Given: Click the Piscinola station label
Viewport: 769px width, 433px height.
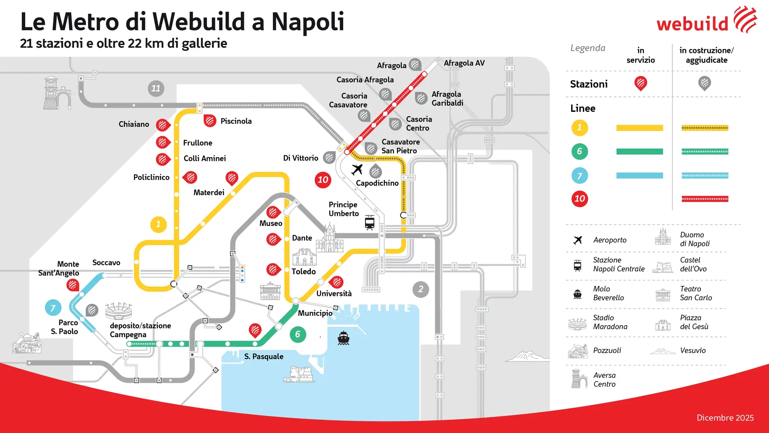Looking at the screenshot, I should [x=236, y=121].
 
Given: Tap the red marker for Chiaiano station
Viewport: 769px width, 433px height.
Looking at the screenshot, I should [x=162, y=125].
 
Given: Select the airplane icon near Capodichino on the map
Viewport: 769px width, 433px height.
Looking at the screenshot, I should [x=357, y=170].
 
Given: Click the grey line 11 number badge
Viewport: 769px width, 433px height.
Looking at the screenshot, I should [x=156, y=88].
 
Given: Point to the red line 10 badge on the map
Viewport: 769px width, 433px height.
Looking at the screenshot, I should [x=323, y=180].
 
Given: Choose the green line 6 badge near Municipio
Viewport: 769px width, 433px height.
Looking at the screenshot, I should [x=298, y=334].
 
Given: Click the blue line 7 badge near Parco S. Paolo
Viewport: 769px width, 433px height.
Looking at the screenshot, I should [x=53, y=308].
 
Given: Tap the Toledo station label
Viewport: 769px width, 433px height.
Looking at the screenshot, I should [x=304, y=271].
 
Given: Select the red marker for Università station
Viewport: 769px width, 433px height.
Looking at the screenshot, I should [x=337, y=282].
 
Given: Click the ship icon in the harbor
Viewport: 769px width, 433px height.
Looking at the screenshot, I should [x=344, y=338].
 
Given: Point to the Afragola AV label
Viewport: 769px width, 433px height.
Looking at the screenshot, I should [x=464, y=63].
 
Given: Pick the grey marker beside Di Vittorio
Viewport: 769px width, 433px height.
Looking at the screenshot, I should [x=329, y=157].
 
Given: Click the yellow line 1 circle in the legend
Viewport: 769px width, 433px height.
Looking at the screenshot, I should [x=579, y=128].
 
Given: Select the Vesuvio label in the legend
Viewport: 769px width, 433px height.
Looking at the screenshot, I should [x=693, y=350].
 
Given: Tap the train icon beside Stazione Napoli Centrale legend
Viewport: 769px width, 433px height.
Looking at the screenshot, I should [x=578, y=265].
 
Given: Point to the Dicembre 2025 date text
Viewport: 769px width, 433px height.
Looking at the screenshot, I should [x=725, y=418].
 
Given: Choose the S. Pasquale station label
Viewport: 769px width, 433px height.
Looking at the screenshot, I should [x=264, y=356].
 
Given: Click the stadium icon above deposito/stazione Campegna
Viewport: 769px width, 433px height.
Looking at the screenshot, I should [x=119, y=311].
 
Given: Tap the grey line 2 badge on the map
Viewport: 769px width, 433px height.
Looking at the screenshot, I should [x=421, y=289].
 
